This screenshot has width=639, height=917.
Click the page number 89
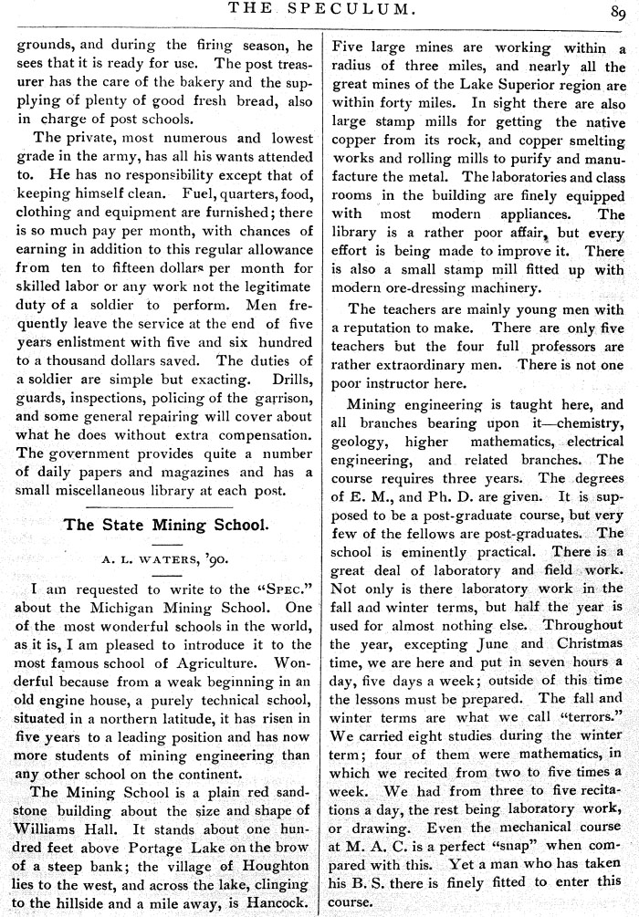point(618,12)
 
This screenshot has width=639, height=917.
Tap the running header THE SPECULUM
point(320,11)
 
